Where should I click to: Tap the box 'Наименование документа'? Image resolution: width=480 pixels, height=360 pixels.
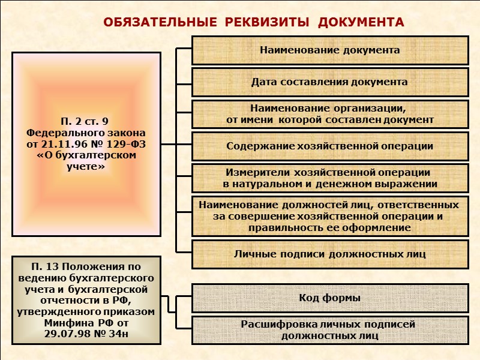(x=329, y=50)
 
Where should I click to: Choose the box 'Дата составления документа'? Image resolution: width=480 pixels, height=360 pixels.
(x=329, y=82)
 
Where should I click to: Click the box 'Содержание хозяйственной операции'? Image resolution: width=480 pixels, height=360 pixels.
(x=329, y=146)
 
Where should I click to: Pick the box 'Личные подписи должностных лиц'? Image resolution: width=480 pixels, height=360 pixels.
(x=329, y=254)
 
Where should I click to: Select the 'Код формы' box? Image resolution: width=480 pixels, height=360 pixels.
(x=329, y=298)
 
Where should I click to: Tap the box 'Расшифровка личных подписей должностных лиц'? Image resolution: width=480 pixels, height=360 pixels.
(x=329, y=330)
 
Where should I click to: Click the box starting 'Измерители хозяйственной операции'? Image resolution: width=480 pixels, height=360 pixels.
(x=329, y=178)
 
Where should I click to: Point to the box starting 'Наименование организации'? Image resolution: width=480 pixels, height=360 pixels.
(x=329, y=114)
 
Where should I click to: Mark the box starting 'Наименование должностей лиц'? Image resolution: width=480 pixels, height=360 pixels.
(x=329, y=216)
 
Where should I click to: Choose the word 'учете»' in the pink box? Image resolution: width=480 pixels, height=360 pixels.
(x=86, y=167)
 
